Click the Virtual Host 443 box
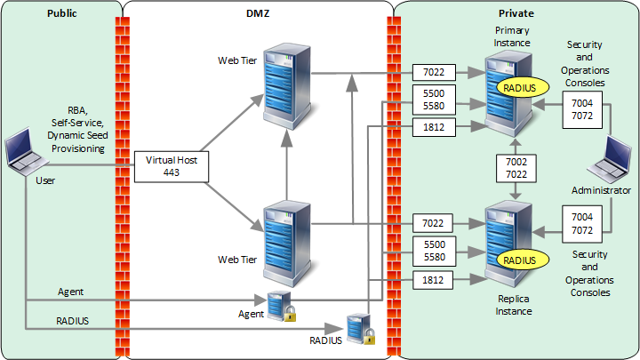[170, 166]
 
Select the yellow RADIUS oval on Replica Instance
[519, 260]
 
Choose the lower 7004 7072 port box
[581, 224]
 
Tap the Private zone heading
[516, 14]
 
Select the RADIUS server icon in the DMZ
[357, 328]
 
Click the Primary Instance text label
[513, 37]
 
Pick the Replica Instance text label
[513, 305]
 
